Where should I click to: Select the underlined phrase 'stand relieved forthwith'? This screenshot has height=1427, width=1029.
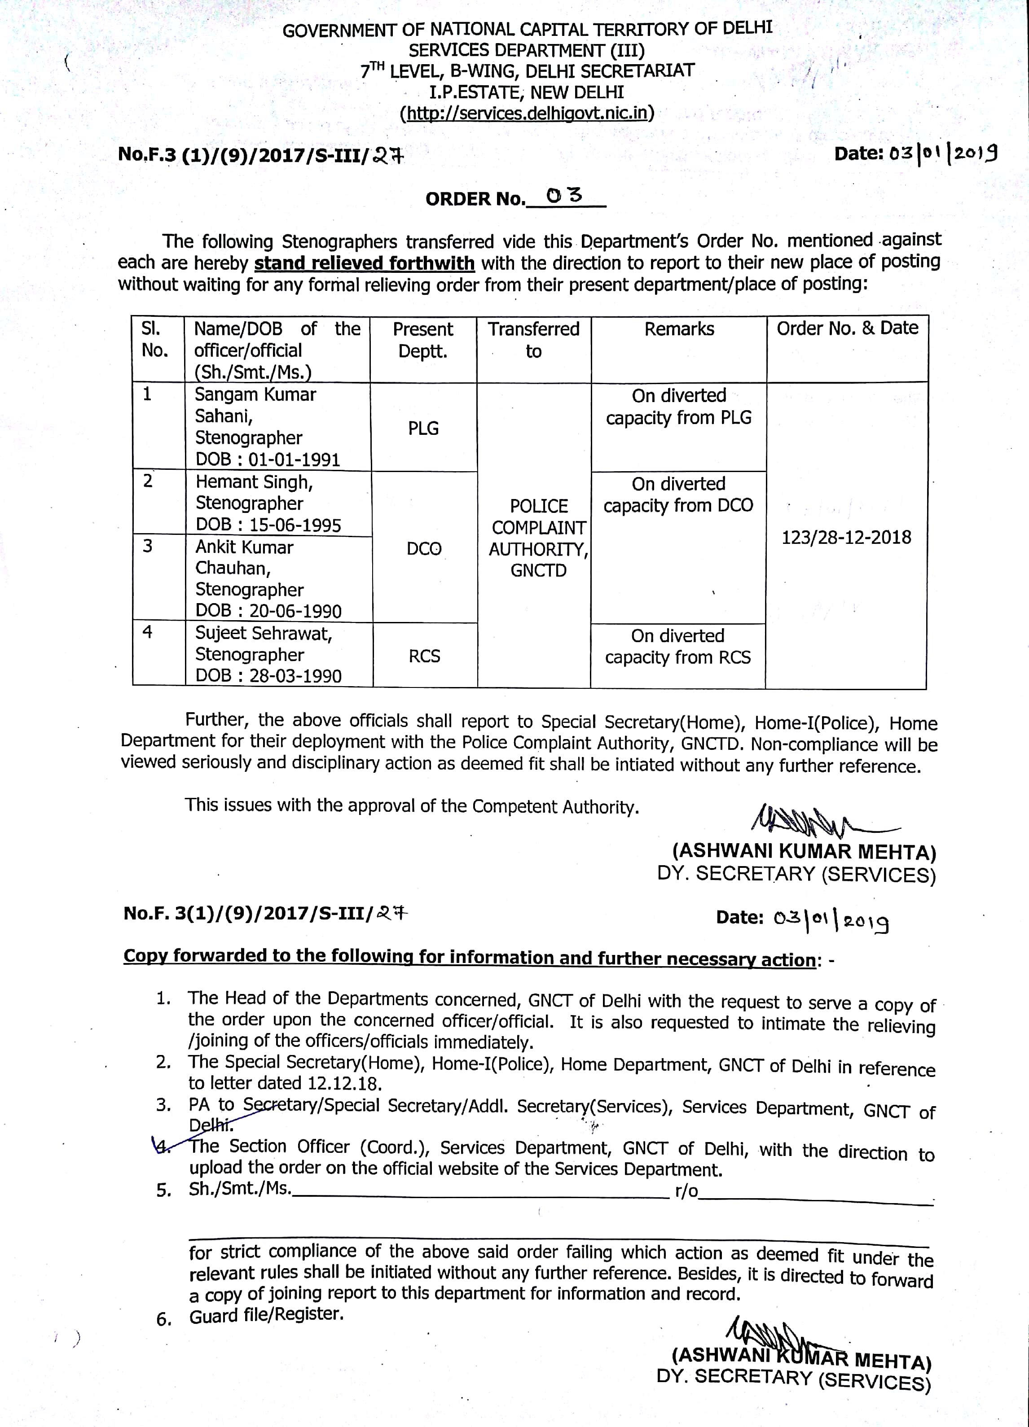pos(365,263)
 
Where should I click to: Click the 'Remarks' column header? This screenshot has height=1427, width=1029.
pos(679,329)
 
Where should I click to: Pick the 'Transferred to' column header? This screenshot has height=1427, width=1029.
pos(534,340)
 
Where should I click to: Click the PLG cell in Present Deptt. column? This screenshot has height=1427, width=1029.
pos(423,429)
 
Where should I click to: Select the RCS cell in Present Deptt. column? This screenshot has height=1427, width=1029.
pos(424,656)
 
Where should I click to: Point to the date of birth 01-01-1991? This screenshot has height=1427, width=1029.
pos(294,460)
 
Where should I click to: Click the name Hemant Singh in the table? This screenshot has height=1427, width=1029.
pos(254,482)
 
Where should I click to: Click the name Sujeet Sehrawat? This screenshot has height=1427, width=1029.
pos(263,633)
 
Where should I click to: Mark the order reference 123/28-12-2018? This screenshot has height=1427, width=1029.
pos(846,537)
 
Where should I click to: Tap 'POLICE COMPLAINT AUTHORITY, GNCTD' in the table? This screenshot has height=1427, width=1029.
pos(538,538)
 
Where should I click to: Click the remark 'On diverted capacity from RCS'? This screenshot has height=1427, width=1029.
pos(678,646)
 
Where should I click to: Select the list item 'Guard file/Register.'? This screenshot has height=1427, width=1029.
pos(266,1315)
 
